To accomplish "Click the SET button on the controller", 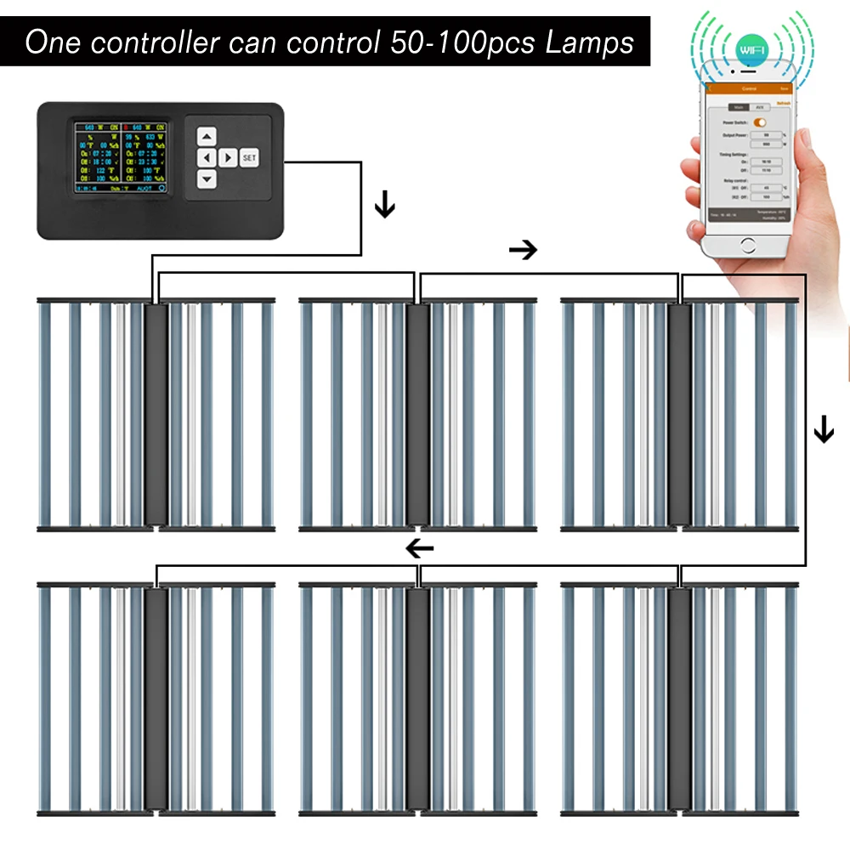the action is click(x=248, y=158).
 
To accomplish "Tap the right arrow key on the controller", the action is click(x=227, y=157).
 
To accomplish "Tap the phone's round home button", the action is click(x=748, y=246).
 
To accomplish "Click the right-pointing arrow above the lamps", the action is click(x=523, y=250).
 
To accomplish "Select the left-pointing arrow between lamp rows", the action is click(x=420, y=548).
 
